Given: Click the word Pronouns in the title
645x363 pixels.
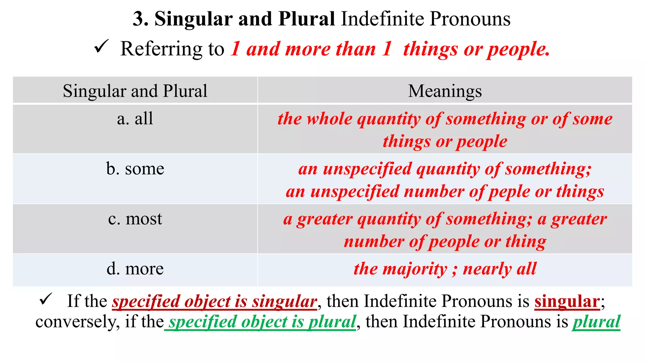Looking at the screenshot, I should (470, 19).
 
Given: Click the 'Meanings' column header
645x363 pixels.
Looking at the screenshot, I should (445, 91).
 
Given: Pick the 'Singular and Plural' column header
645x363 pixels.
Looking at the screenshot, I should (135, 91).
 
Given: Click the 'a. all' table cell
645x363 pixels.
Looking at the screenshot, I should (135, 119).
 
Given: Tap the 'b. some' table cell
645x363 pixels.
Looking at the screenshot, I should (135, 169).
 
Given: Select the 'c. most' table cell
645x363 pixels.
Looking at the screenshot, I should (135, 219).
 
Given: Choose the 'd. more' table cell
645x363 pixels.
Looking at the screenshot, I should (135, 269).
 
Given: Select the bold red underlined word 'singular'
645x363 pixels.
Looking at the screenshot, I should (567, 301).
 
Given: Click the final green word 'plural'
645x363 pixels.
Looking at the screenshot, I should (596, 322).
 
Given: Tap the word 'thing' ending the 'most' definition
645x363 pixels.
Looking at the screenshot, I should (526, 242).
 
